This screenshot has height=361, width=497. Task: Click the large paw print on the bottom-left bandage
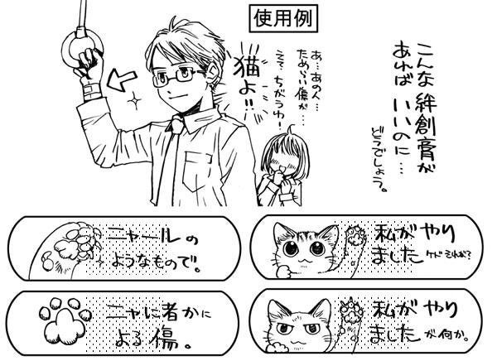click(58, 319)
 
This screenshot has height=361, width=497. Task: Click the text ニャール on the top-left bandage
click(141, 238)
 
